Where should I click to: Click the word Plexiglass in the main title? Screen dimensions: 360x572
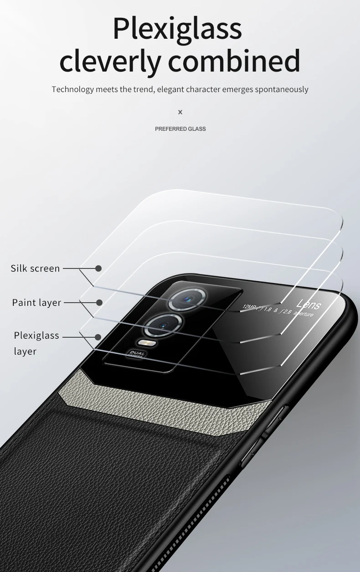pos(177,28)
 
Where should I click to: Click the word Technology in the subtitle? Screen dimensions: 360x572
pos(72,89)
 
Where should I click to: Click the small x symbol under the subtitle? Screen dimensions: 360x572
pos(180,112)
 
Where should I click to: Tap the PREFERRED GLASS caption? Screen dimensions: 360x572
pos(180,129)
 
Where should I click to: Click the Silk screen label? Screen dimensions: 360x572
pos(36,268)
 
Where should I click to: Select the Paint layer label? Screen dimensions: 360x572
pos(36,303)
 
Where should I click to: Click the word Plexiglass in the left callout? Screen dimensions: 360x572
pos(36,335)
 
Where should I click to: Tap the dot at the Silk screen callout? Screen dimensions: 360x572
pos(98,268)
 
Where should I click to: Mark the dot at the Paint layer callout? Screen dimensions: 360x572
pos(99,302)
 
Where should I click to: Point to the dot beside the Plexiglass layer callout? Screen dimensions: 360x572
pos(98,337)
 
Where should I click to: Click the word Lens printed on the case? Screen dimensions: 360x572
pos(309,304)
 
